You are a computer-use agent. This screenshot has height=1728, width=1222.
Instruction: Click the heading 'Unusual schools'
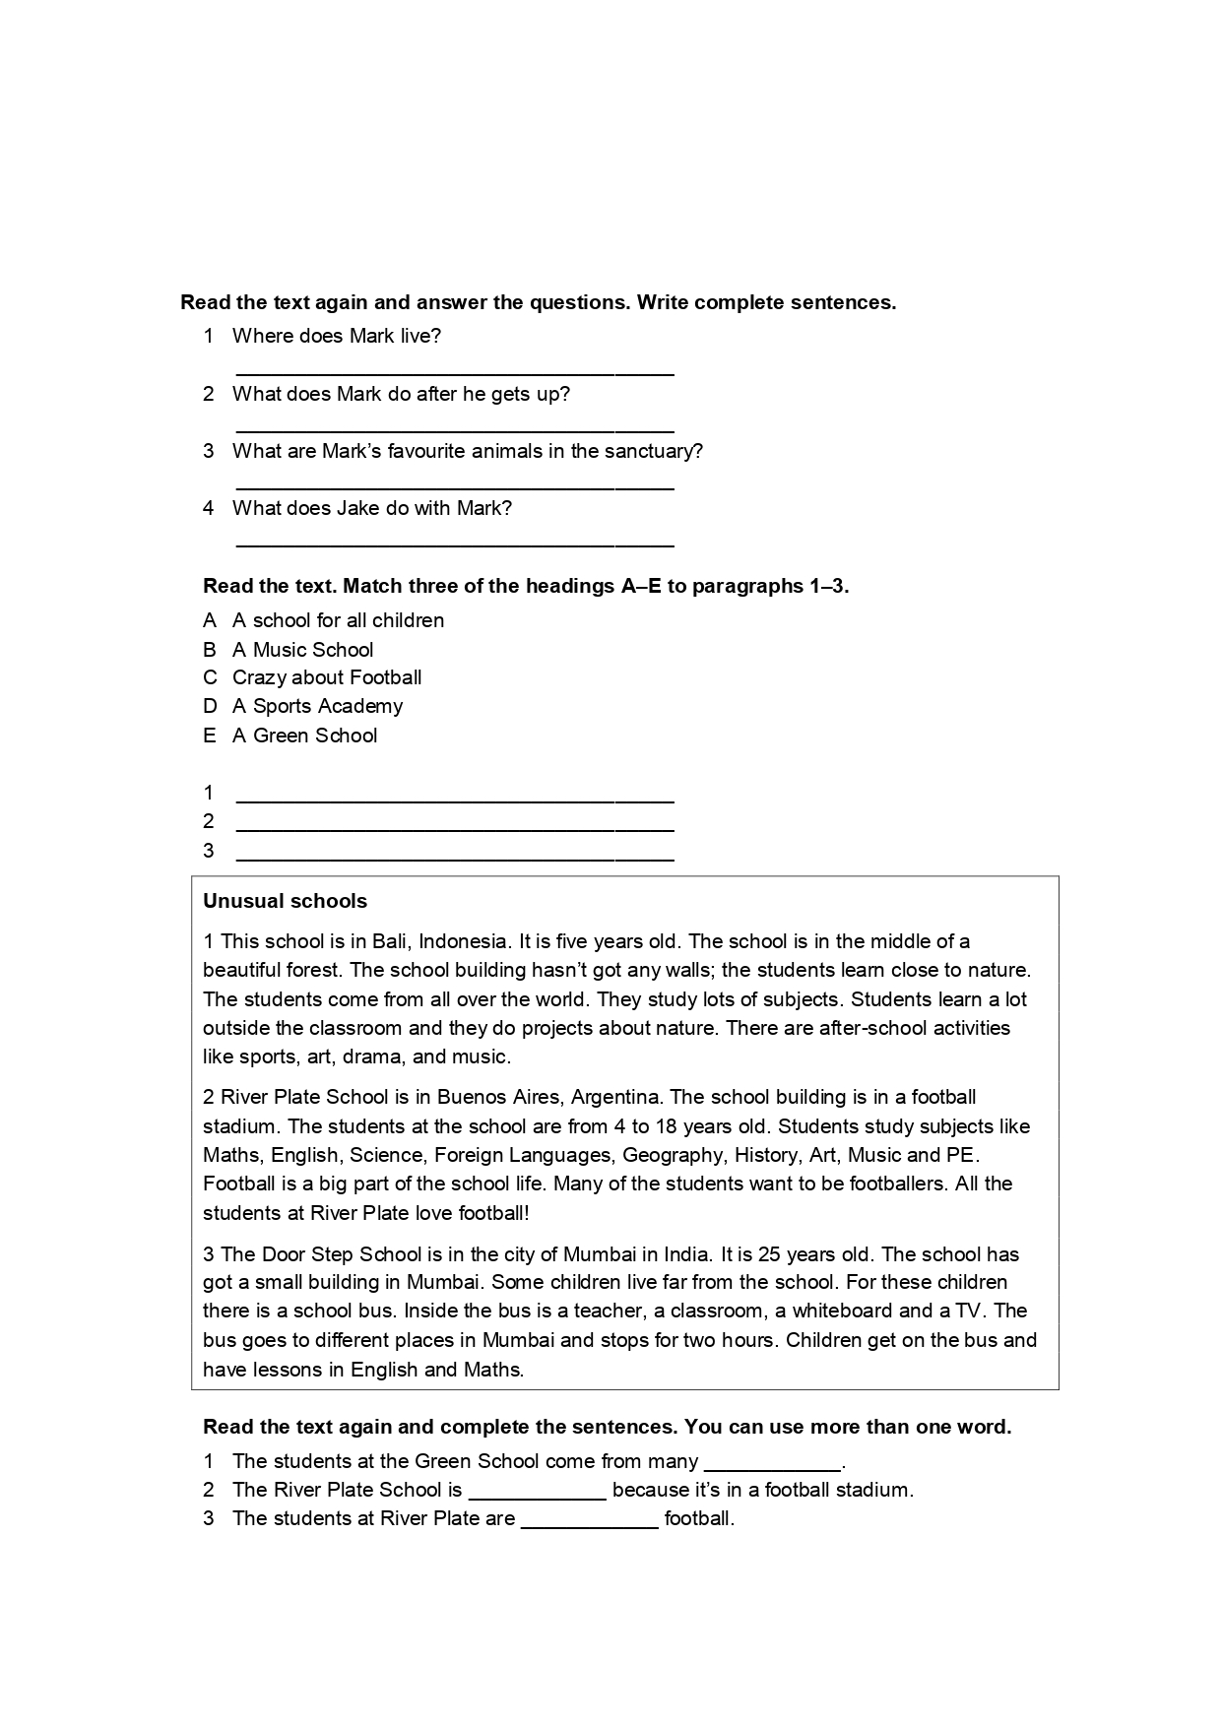point(285,901)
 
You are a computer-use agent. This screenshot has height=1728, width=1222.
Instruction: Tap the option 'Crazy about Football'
point(326,677)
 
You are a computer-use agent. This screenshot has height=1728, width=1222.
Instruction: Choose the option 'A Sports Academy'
point(317,706)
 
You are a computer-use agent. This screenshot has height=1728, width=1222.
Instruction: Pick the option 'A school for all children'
point(338,620)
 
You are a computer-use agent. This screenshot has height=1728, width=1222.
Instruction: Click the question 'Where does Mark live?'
point(336,336)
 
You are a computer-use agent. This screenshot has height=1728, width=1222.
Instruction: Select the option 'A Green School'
point(304,736)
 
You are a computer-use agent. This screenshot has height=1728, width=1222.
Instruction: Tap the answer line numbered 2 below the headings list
point(455,829)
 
